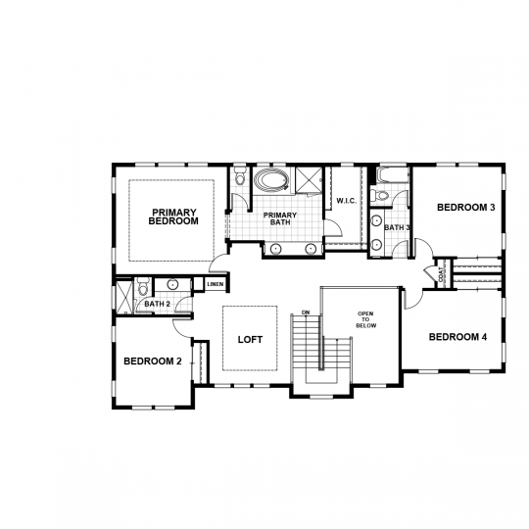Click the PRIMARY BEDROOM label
173,216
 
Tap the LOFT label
250,339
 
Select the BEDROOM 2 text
153,361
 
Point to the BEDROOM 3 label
466,207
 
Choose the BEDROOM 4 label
457,337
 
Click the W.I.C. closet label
347,201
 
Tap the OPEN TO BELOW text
366,319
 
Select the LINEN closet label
216,284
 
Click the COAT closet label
441,274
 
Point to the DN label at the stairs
306,313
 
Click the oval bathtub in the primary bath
271,180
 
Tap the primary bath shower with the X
309,180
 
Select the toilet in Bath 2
144,286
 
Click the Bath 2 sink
172,284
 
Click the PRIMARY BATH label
280,218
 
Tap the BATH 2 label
157,304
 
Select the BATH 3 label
397,227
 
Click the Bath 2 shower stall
124,297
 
